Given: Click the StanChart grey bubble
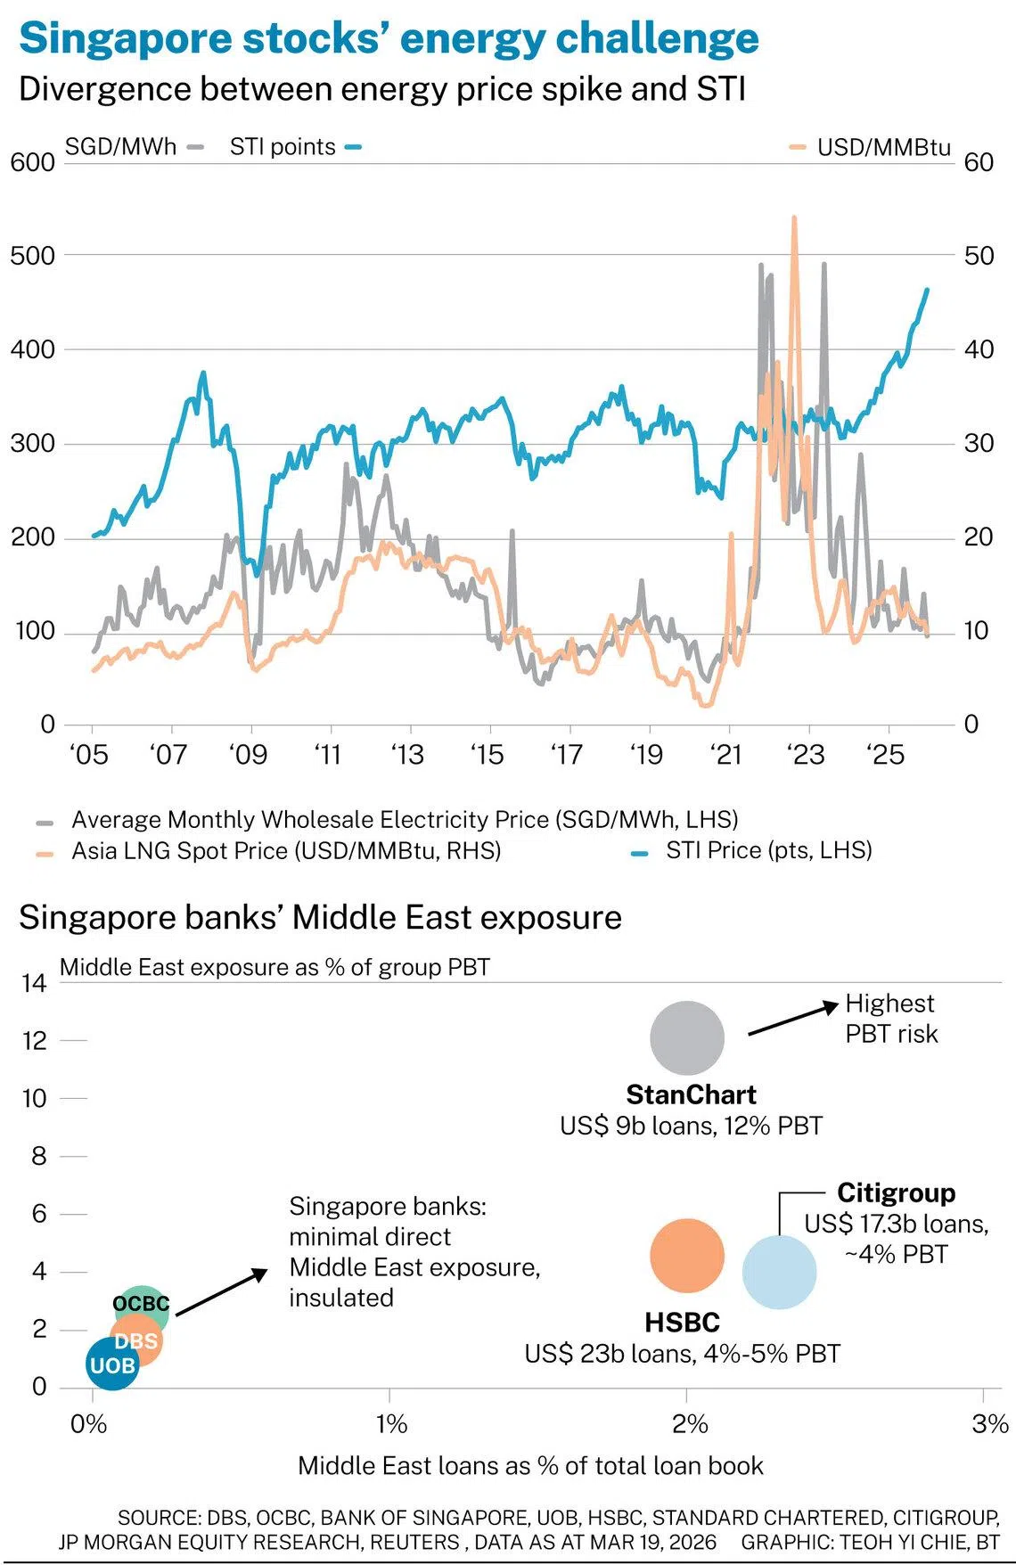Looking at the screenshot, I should pos(686,1037).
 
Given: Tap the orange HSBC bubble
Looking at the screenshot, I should pos(686,1256).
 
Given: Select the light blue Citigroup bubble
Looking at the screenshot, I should pos(779,1272).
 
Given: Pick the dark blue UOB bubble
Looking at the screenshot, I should pos(112,1364).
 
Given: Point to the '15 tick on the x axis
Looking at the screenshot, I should pos(487,755).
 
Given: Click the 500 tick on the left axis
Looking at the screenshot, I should pos(32,256).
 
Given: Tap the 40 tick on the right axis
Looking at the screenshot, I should pos(979,349).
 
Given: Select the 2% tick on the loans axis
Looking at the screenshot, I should pos(689,1423).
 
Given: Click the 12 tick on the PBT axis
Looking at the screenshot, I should pos(34,1040).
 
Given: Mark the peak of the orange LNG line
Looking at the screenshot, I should pos(793,217).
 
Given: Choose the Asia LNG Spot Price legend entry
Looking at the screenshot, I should pos(285,850).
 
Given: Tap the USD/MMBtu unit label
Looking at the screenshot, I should pos(883,147).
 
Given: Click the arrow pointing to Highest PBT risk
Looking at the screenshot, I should pos(792,1019).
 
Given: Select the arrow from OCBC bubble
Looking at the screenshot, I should pos(221,1291).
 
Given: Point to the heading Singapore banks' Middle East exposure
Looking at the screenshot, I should pos(320,917).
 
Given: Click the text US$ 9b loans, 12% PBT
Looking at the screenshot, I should pos(691,1126).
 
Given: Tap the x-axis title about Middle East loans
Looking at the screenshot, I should pos(530,1466).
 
